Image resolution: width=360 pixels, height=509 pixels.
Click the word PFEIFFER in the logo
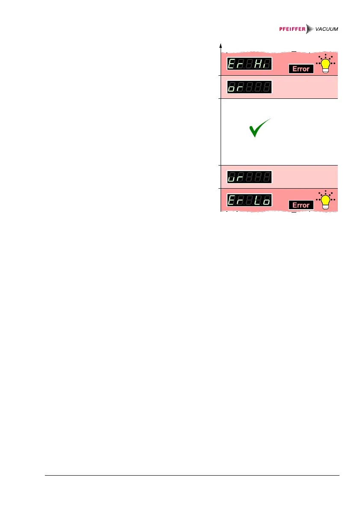(x=291, y=29)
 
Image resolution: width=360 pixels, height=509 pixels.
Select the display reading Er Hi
(x=249, y=64)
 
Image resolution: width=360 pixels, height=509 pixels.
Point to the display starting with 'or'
(x=249, y=87)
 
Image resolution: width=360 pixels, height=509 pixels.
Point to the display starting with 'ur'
(x=249, y=176)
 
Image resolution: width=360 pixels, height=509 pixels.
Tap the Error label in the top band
(x=301, y=69)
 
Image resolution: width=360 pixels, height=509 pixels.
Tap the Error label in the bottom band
(x=301, y=205)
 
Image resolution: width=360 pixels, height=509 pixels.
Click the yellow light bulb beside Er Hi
(x=326, y=64)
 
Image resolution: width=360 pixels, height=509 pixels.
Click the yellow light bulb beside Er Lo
(x=326, y=200)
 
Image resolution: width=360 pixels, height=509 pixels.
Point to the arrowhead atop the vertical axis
(x=221, y=45)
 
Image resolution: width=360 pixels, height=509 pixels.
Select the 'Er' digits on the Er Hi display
(x=236, y=64)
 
